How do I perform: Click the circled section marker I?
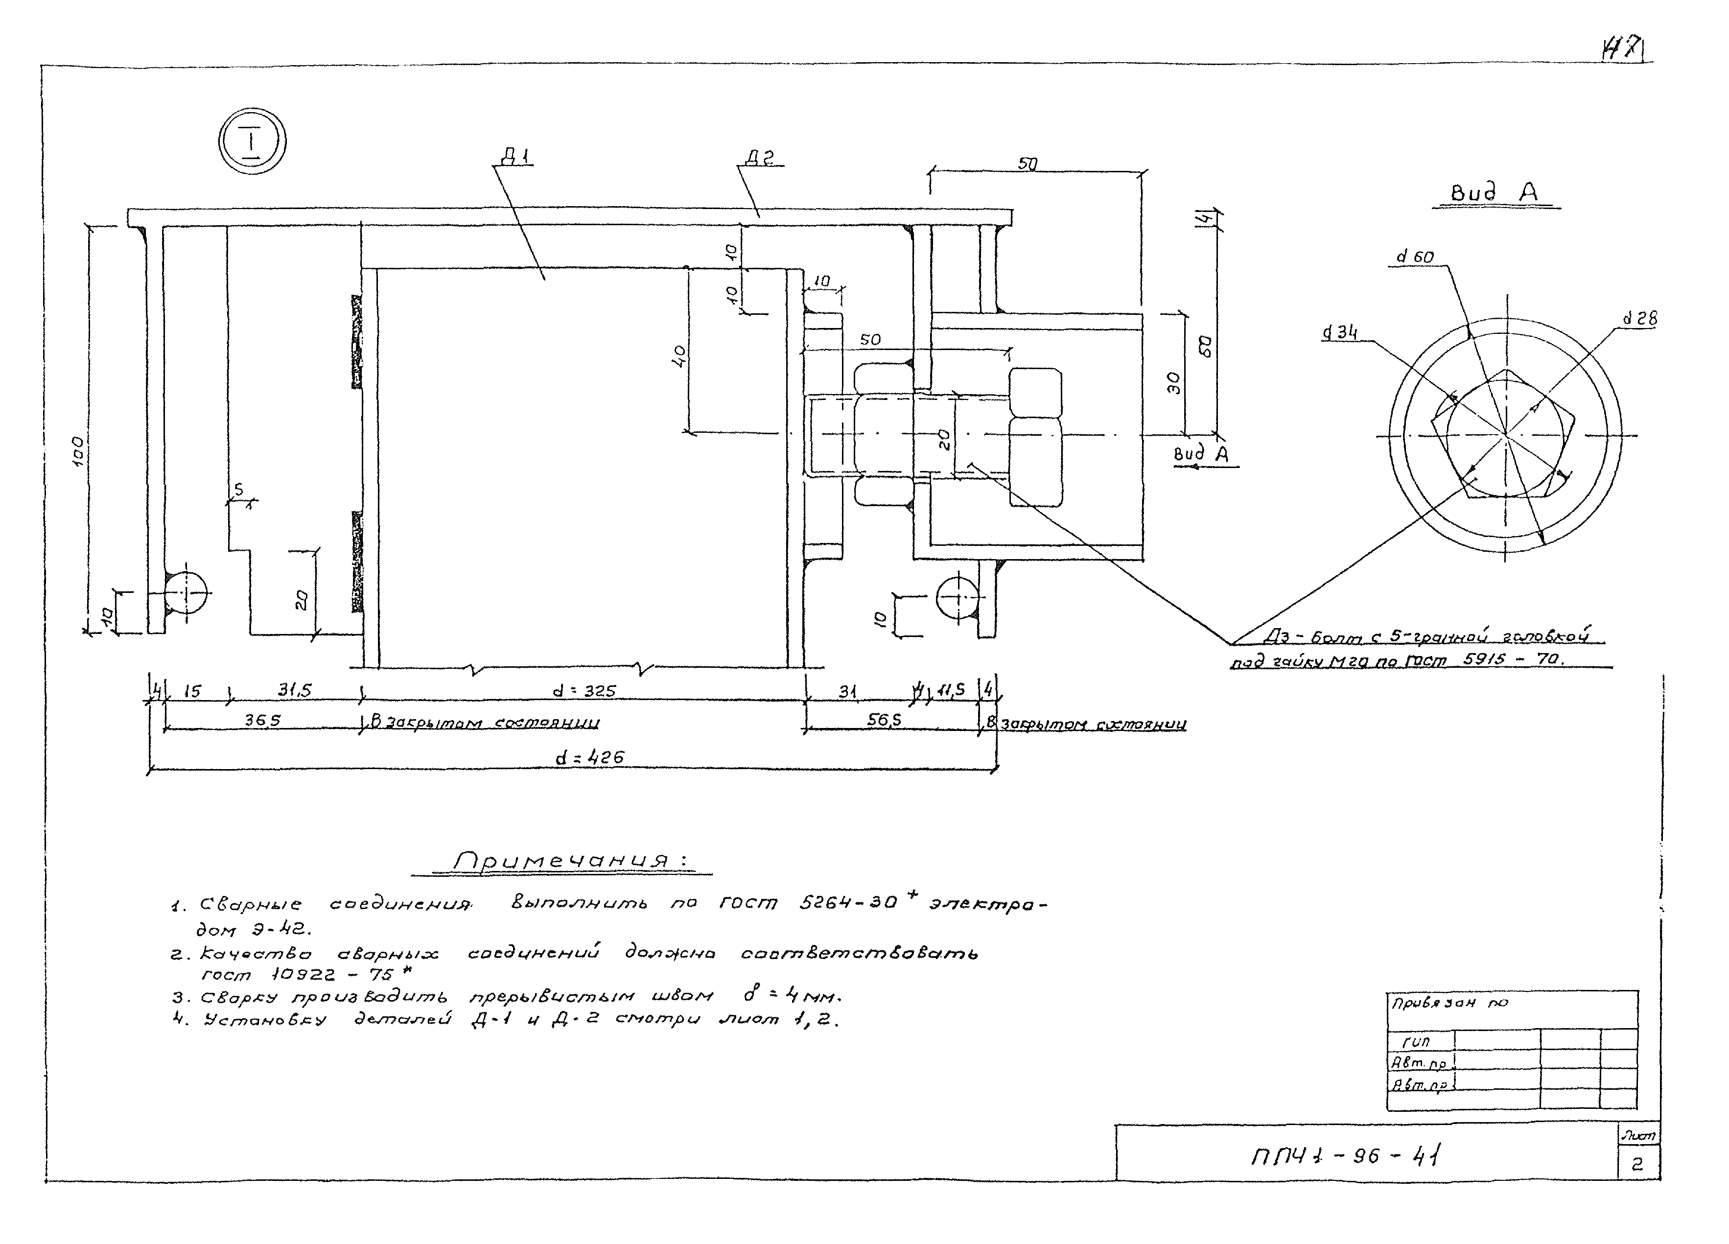click(x=252, y=142)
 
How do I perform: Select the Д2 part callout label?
click(x=759, y=159)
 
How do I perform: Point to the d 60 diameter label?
click(x=1414, y=257)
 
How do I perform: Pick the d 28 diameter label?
click(x=1639, y=319)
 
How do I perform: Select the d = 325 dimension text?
click(x=584, y=691)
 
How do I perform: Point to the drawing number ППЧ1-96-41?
click(x=1346, y=1156)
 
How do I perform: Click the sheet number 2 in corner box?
click(x=1637, y=1165)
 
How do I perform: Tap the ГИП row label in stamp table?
click(x=1416, y=1040)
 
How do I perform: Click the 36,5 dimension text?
click(x=262, y=720)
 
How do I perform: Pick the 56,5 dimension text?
click(x=884, y=720)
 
